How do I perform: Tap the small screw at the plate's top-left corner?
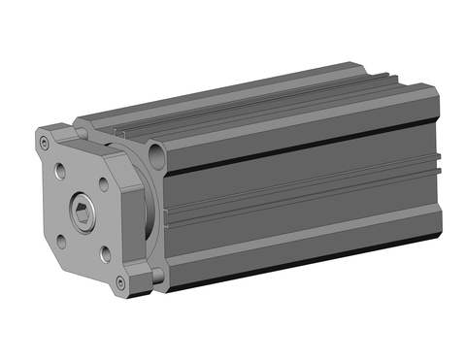point(45,143)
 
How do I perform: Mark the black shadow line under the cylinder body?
point(291,275)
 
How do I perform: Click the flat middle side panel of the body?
point(291,194)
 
